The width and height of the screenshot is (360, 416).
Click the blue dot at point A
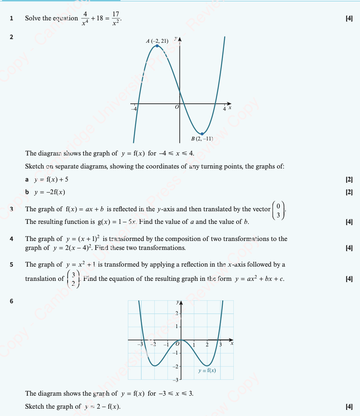pos(157,46)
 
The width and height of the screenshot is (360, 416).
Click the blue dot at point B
pos(202,134)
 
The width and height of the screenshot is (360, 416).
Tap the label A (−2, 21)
pos(157,41)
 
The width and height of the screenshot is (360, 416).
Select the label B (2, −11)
pos(202,139)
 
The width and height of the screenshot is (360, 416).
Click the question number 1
pos(11,18)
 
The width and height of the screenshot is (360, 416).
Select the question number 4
pos(11,239)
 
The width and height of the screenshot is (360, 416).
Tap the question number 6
pos(11,302)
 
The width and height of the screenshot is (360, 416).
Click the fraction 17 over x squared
pos(116,18)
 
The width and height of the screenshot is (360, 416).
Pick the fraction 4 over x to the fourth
pos(85,18)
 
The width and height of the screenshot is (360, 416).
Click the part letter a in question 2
pos(27,180)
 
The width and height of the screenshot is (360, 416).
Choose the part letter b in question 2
pos(27,192)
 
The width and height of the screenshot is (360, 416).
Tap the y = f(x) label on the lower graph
pos(207,370)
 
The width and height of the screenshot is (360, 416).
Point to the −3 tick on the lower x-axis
pos(140,345)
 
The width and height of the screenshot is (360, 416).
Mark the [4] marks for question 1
pos(349,18)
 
